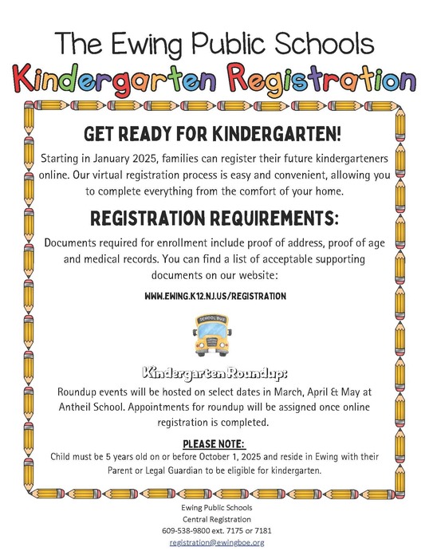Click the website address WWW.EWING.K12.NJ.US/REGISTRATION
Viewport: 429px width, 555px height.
[x=214, y=296]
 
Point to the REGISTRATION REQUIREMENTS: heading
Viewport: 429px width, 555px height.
[x=214, y=218]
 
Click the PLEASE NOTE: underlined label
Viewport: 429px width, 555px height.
[x=214, y=443]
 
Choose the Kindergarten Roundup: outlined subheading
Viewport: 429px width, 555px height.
[x=213, y=373]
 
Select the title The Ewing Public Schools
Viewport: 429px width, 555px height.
[x=214, y=41]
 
